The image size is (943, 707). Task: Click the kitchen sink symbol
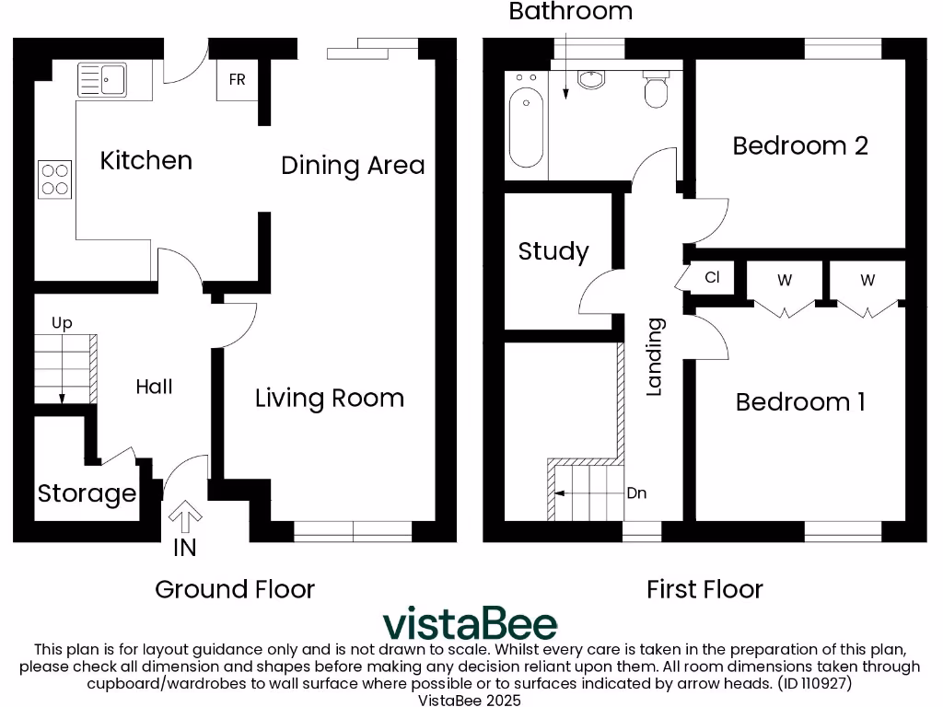[102, 78]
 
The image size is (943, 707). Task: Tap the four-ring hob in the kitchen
[54, 179]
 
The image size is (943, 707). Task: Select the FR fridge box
[237, 80]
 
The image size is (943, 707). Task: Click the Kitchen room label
[146, 161]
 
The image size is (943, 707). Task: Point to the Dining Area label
[353, 166]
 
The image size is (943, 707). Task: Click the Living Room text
[329, 399]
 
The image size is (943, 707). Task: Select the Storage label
[87, 494]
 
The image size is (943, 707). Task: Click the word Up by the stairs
[62, 323]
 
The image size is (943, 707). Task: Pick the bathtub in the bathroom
[526, 124]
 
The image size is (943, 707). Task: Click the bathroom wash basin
[590, 80]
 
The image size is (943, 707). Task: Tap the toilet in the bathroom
[656, 90]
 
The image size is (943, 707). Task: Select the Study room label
[553, 251]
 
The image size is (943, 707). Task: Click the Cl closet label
[712, 277]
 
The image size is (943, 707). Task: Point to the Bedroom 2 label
[799, 145]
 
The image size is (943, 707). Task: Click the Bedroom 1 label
[799, 402]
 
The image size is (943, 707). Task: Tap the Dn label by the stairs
[636, 493]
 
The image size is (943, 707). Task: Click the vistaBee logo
[470, 623]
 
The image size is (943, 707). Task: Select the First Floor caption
[704, 589]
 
